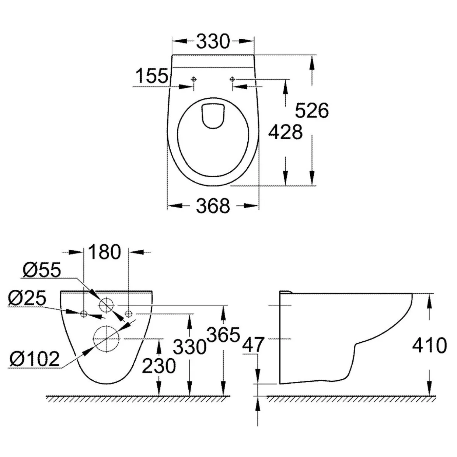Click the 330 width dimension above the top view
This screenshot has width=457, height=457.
point(213,42)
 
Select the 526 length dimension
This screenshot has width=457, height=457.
point(312,110)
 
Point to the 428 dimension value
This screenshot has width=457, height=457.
point(285,132)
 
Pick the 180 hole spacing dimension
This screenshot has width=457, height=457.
point(104,252)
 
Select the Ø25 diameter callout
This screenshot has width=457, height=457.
point(27,299)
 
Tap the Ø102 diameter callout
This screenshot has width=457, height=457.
point(35,359)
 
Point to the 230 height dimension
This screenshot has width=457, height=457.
point(158,366)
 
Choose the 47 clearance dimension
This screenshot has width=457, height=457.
point(253,344)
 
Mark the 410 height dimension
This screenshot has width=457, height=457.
point(429,346)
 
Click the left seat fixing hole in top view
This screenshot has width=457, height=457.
point(194,79)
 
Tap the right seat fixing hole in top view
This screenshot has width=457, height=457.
point(232,79)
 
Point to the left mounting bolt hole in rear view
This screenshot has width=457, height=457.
point(84,314)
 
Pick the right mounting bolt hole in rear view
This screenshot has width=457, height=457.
point(129,314)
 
